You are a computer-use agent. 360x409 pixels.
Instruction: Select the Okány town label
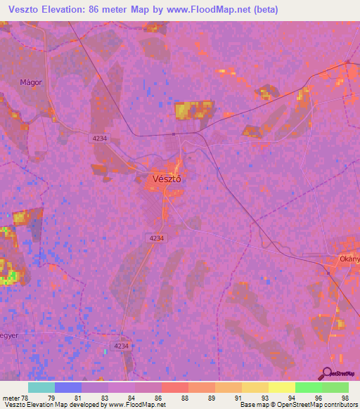click(x=349, y=259)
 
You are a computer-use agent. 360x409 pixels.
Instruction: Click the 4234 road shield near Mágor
click(x=99, y=138)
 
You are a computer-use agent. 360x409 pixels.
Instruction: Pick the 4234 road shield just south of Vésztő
click(x=156, y=239)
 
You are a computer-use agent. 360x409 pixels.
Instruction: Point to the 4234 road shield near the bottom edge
click(x=122, y=346)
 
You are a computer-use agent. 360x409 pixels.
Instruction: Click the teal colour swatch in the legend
click(x=41, y=387)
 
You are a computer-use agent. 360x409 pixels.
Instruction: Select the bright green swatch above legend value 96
click(x=308, y=387)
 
